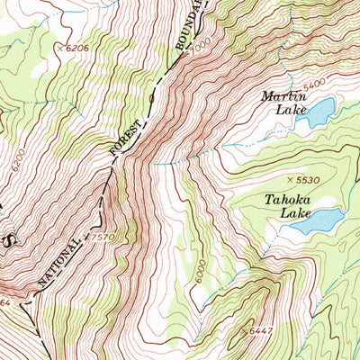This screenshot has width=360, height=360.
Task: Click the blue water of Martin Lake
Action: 318,113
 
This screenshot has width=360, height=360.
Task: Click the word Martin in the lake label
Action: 284,96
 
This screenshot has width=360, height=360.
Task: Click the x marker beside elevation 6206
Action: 60,47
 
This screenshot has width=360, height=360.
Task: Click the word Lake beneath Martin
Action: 283,111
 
